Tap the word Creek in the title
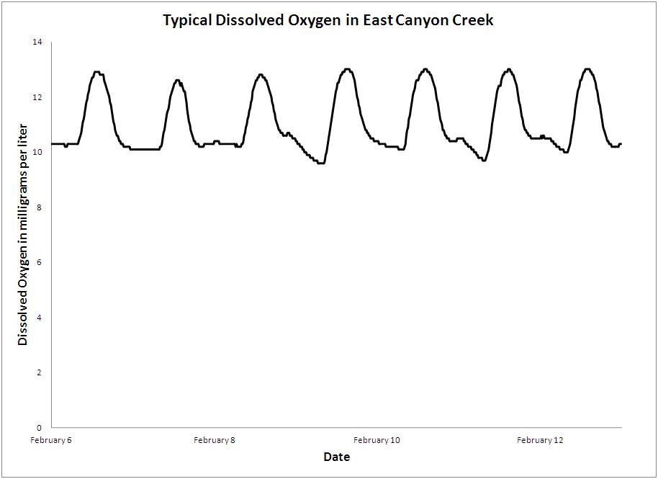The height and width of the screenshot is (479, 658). [x=471, y=20]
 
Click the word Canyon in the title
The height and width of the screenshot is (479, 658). [x=420, y=20]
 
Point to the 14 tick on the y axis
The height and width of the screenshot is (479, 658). [x=37, y=42]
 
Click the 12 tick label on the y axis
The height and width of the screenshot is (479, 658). [x=37, y=97]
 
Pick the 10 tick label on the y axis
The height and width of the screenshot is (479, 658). [x=37, y=152]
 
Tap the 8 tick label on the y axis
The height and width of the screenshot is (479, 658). [x=40, y=207]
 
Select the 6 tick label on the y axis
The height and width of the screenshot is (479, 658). [x=40, y=262]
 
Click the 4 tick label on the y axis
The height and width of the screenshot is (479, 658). [x=40, y=317]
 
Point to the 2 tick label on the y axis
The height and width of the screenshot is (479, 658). [x=40, y=372]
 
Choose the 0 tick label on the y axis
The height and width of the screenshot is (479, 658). [x=40, y=427]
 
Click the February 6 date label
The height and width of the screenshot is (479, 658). [x=51, y=440]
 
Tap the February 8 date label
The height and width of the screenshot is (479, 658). [x=214, y=440]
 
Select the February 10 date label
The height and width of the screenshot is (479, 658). [x=377, y=440]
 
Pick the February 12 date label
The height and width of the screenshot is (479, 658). [x=539, y=440]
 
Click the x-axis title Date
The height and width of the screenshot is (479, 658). [x=336, y=457]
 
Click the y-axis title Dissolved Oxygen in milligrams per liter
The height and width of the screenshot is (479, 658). [x=23, y=235]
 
